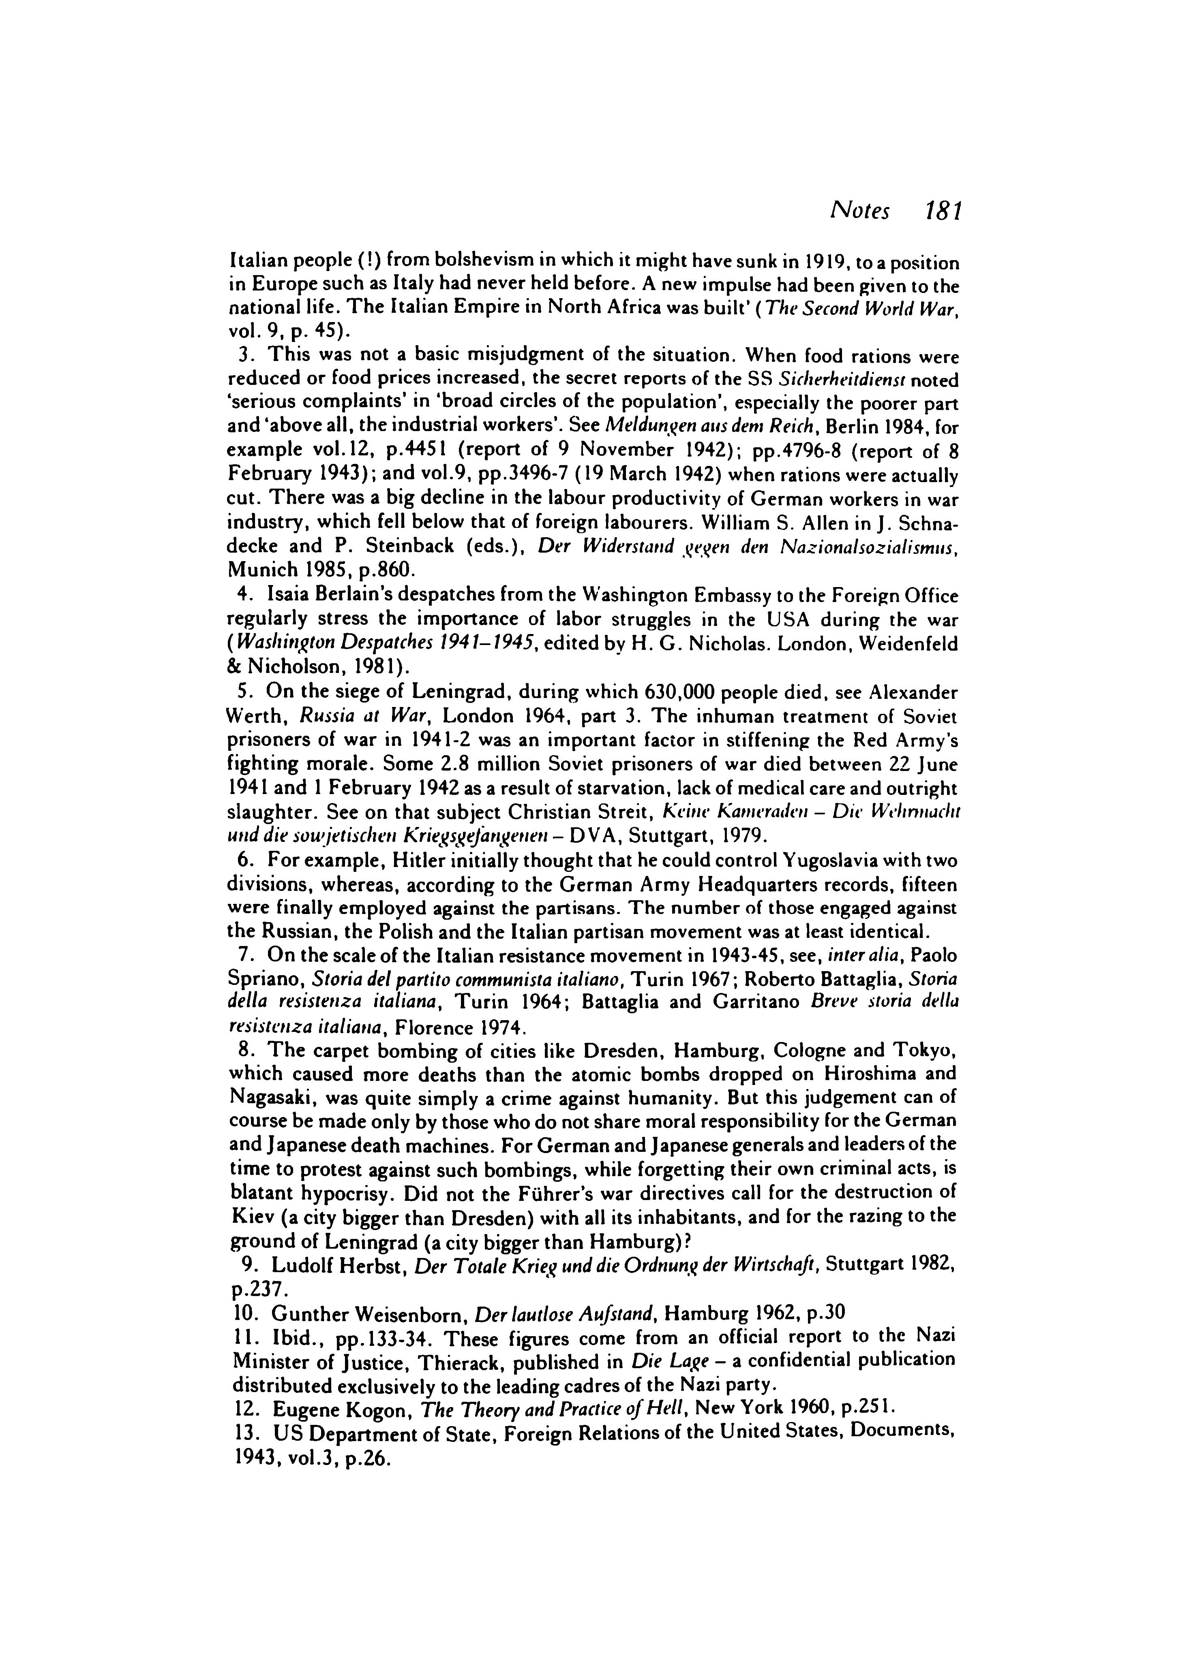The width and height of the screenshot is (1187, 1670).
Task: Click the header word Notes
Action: (x=859, y=212)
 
